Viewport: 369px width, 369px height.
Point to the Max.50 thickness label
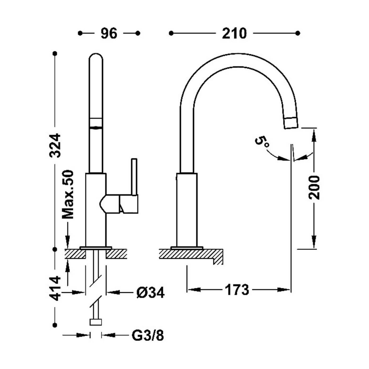[x=67, y=194]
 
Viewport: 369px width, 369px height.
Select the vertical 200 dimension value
[x=314, y=188]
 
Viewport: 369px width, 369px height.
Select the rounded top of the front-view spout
[x=96, y=56]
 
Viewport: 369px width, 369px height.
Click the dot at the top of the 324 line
[x=55, y=54]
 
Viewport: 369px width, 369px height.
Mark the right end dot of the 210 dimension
[x=298, y=33]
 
